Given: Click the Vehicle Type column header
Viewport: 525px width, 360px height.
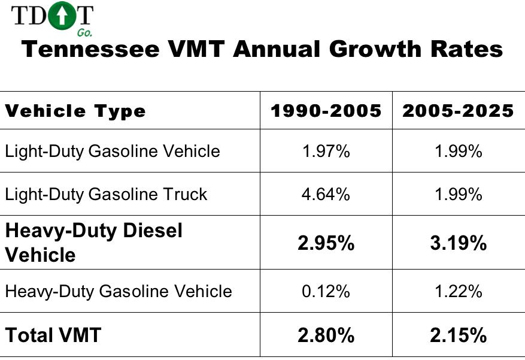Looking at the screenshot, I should [75, 111].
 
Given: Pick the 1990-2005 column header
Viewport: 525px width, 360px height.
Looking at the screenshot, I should [326, 111].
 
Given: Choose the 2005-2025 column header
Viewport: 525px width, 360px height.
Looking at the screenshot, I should [459, 111].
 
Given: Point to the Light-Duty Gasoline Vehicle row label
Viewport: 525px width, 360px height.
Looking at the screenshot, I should [113, 151].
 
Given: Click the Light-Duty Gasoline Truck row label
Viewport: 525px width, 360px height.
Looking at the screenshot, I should [106, 194].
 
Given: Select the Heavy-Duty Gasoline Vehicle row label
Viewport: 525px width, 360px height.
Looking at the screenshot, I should [119, 291].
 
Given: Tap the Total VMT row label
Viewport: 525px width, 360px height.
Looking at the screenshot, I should [53, 335].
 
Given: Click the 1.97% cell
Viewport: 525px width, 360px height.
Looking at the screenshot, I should [326, 151].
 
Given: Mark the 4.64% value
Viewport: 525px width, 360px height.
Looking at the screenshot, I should [326, 194].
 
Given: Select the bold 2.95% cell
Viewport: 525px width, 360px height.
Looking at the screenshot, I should [326, 243].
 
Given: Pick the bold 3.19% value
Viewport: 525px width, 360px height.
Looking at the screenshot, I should [459, 243].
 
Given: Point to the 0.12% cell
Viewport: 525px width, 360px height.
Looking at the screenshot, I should [326, 291].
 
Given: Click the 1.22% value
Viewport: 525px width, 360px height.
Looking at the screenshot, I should [459, 291].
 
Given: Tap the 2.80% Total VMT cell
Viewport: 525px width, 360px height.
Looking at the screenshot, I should [326, 335].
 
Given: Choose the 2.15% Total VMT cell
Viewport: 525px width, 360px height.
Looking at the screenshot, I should [459, 335].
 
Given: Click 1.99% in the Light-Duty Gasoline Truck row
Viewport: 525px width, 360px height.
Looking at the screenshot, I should [459, 194].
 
